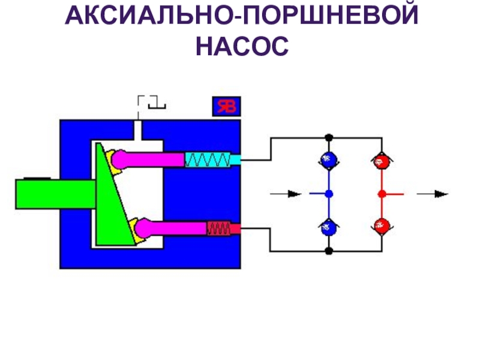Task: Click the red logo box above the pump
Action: point(226,106)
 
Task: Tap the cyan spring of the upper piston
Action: point(207,160)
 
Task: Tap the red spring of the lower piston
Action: point(218,228)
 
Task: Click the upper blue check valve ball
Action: point(328,160)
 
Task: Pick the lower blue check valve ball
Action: point(328,227)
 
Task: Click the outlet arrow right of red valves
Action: point(433,194)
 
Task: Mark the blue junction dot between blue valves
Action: point(328,194)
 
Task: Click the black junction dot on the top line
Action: point(328,137)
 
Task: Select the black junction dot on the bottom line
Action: point(328,251)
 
